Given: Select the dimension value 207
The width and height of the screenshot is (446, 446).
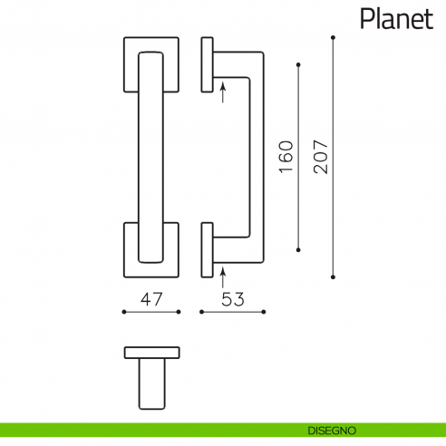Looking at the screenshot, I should click(x=321, y=158).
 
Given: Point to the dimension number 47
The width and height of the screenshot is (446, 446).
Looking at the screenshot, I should click(x=151, y=298).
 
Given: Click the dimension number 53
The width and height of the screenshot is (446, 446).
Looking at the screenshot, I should click(x=232, y=298).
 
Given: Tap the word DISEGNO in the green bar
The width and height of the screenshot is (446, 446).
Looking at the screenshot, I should click(x=331, y=429).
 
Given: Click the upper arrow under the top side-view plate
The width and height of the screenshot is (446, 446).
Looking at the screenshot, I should click(x=221, y=90).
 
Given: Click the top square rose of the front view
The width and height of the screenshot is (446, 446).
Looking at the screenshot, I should click(x=151, y=65).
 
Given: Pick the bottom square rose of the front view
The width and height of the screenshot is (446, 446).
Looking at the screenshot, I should click(x=151, y=250).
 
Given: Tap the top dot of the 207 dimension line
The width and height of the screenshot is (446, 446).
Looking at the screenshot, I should click(x=334, y=37).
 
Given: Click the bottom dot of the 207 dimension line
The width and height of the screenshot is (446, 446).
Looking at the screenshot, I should click(x=334, y=276).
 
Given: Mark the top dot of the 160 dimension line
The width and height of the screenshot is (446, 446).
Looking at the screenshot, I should click(x=299, y=64).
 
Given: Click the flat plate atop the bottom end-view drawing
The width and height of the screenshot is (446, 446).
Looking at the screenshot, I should click(x=152, y=352).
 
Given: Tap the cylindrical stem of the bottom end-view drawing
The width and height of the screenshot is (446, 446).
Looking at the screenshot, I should click(x=152, y=383).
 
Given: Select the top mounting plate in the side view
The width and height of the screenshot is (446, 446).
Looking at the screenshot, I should click(x=207, y=64).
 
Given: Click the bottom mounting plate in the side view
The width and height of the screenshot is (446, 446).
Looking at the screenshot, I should click(x=207, y=250).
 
